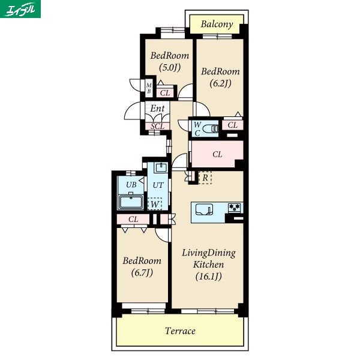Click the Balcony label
tap(217, 24)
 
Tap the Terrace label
tap(180, 331)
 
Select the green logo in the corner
tap(20, 9)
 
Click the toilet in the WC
tap(211, 129)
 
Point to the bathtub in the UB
tap(131, 202)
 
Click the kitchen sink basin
tap(204, 209)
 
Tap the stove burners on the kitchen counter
tap(235, 208)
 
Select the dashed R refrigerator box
tap(205, 178)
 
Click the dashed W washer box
tap(155, 203)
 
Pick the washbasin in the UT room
tap(161, 167)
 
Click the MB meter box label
tap(149, 88)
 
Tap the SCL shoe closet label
tap(157, 126)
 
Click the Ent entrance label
tap(157, 109)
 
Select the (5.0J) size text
tap(170, 67)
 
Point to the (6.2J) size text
tap(220, 83)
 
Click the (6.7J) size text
tap(142, 272)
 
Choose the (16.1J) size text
tap(208, 276)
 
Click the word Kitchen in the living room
tap(208, 265)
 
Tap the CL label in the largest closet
tap(217, 154)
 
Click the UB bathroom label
tap(131, 184)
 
